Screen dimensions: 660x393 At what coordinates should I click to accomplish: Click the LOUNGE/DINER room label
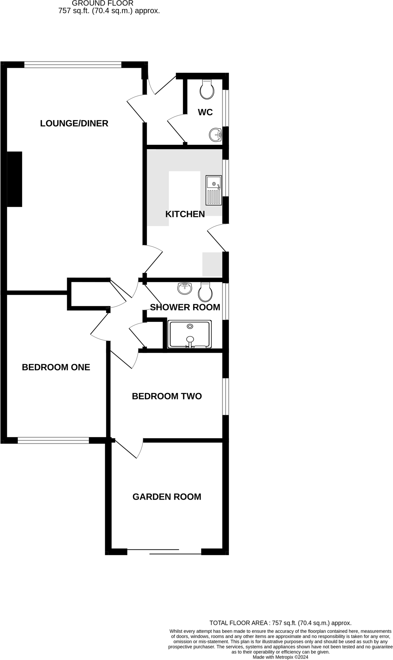tap(74, 123)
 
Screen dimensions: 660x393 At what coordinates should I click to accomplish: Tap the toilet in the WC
tap(207, 90)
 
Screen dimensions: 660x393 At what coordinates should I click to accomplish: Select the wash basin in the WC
tap(215, 135)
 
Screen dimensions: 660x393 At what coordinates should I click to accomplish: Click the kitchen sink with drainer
tap(213, 190)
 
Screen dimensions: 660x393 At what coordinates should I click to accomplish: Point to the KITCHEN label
tap(185, 214)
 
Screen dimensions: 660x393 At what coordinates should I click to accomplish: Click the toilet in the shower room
tap(205, 292)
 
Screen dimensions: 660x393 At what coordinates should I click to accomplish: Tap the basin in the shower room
tap(185, 288)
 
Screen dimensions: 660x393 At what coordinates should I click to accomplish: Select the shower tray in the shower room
tap(189, 334)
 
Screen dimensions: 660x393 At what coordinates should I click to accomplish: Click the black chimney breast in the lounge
tap(14, 179)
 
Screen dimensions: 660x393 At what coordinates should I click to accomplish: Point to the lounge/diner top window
tap(73, 65)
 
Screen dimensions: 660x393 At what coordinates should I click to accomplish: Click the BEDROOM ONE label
tap(56, 367)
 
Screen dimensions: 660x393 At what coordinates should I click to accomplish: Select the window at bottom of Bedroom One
tap(53, 440)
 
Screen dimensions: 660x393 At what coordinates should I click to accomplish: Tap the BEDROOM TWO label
tap(167, 396)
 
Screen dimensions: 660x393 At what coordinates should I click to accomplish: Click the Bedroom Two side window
tap(225, 396)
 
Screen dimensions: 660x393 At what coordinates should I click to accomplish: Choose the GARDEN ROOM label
tap(167, 497)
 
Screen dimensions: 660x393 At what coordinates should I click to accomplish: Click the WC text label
tap(205, 112)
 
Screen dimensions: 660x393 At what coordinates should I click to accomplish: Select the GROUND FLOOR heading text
tap(103, 3)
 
